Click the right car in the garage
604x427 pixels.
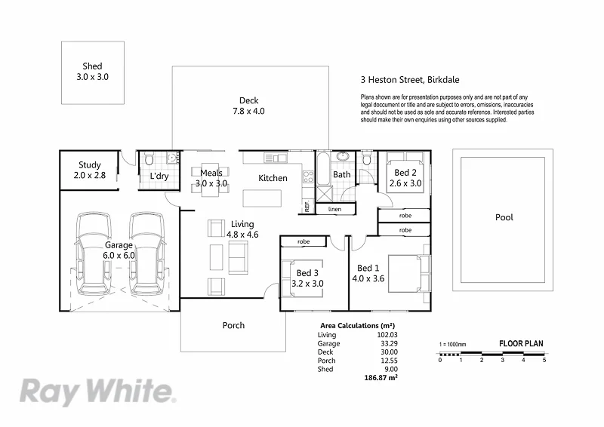tap(146, 255)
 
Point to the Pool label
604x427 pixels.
tap(504, 217)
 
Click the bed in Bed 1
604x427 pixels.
tap(408, 272)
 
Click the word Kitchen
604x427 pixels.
tap(273, 178)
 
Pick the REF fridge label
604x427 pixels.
tap(307, 205)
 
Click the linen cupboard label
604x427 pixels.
tap(334, 209)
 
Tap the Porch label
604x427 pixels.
tap(233, 326)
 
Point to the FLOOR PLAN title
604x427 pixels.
tap(521, 344)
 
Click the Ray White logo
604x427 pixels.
tap(96, 392)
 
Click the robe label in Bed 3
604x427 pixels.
tap(304, 242)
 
